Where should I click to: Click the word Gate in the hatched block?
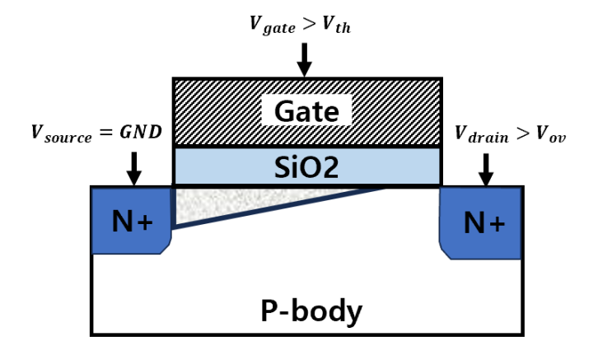click(306, 111)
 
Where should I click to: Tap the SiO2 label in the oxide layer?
click(306, 167)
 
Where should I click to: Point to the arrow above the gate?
click(305, 58)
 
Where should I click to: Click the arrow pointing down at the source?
click(134, 168)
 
